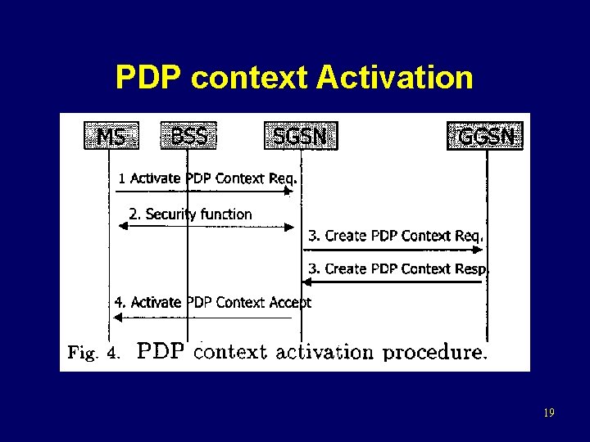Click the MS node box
(x=111, y=136)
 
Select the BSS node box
(x=189, y=136)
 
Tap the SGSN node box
(x=300, y=136)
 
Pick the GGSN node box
(x=486, y=136)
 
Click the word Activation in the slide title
(x=394, y=78)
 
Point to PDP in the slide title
(x=148, y=78)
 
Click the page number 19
(x=548, y=413)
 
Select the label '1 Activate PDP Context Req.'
(x=207, y=178)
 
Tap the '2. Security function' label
(x=190, y=214)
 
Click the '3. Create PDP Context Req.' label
(x=396, y=236)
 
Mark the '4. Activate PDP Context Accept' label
(x=213, y=302)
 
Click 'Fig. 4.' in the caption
(x=94, y=353)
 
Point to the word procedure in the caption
(x=435, y=353)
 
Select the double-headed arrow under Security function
(x=205, y=227)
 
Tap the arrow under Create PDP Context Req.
(x=393, y=249)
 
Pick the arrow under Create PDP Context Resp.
(x=393, y=282)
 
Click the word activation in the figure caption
(x=324, y=353)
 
